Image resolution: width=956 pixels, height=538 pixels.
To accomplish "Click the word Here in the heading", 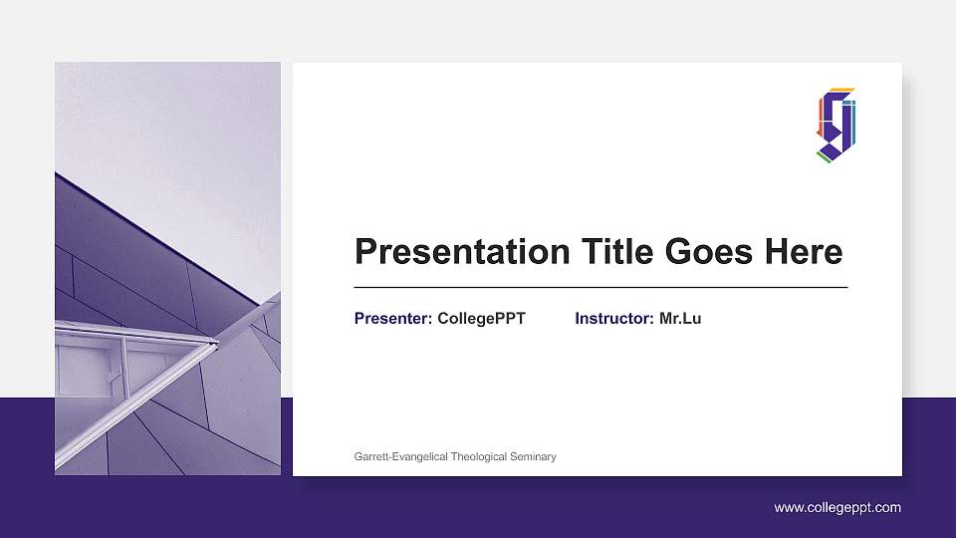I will point(803,252).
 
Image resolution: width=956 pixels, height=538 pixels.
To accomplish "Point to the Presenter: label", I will point(393,319).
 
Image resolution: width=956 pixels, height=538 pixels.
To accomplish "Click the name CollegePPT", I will point(481,319).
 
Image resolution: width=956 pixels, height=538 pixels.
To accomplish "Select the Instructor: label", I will point(614,319).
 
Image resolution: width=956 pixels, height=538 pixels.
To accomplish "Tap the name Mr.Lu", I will point(680,319).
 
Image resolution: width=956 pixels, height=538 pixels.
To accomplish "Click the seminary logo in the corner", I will point(836,124).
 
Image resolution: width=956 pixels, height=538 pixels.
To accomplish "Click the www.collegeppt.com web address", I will point(837,508).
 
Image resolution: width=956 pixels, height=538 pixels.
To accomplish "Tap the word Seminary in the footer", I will point(533,456).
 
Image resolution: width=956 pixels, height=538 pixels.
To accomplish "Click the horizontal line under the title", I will point(600,287).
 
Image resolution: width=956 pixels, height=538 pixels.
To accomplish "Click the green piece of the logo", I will point(824,155).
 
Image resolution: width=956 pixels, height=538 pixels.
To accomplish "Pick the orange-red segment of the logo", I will point(820,115).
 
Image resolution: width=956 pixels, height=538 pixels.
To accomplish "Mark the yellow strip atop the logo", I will point(841,89).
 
